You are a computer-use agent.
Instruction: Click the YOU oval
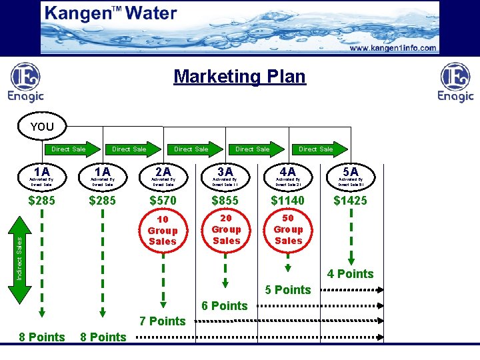click(42, 127)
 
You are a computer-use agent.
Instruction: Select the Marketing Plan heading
click(239, 77)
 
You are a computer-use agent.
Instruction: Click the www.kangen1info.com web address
click(393, 48)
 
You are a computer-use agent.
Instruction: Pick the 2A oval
click(163, 175)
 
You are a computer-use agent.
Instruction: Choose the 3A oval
click(225, 175)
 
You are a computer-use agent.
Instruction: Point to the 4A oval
click(288, 175)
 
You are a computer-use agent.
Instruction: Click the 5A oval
click(351, 175)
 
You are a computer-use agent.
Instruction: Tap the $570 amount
click(163, 201)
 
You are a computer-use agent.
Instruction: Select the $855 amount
click(225, 201)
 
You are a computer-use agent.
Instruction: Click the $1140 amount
click(288, 201)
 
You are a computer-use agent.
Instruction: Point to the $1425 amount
click(351, 201)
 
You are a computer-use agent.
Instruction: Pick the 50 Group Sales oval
click(288, 229)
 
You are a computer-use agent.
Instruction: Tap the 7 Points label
click(163, 321)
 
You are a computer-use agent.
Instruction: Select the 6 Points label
click(224, 306)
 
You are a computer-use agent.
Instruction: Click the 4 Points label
click(351, 274)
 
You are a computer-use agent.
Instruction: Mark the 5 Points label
click(288, 290)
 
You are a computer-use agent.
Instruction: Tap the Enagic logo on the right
click(455, 83)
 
